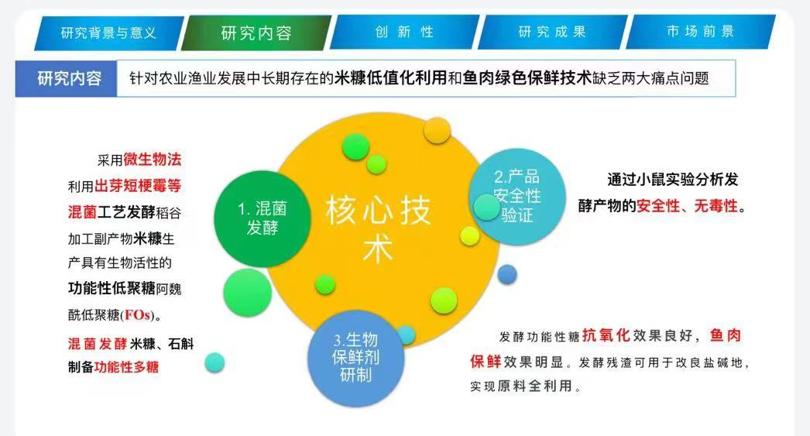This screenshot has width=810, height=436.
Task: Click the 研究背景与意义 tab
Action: [109, 33]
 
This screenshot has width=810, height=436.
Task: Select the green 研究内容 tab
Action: [256, 33]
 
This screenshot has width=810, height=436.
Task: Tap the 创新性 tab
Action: [404, 32]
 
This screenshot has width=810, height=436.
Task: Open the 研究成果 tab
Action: [552, 32]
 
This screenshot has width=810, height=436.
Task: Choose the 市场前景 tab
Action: [701, 32]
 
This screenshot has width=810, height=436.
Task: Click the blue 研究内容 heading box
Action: [66, 78]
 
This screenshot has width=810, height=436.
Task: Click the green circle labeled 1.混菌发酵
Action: [263, 218]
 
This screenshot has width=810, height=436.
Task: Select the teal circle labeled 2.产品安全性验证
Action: [517, 197]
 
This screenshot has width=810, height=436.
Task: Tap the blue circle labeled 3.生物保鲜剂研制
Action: [356, 358]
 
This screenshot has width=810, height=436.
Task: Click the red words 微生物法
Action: [153, 159]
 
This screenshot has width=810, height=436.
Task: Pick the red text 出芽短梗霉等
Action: [138, 185]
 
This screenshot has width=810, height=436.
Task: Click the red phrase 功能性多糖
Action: [126, 367]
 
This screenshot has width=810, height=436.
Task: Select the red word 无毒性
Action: [716, 205]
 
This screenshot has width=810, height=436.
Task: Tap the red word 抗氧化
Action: [606, 335]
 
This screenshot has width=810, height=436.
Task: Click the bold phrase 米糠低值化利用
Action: [390, 78]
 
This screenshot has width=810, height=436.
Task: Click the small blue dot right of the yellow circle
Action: [507, 274]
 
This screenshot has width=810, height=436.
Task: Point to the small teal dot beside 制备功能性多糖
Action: [215, 362]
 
